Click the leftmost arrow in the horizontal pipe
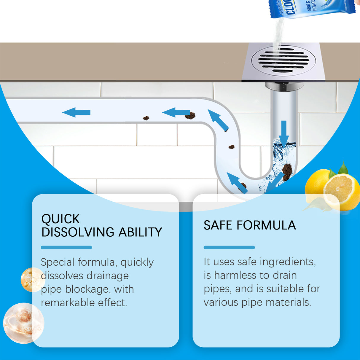click(76, 112)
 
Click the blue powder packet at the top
click(311, 8)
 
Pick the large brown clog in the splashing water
click(287, 172)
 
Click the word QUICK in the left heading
click(60, 219)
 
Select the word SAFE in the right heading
click(218, 225)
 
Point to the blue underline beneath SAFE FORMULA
click(229, 247)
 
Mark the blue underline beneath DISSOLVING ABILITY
click(66, 247)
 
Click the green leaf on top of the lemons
click(343, 168)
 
